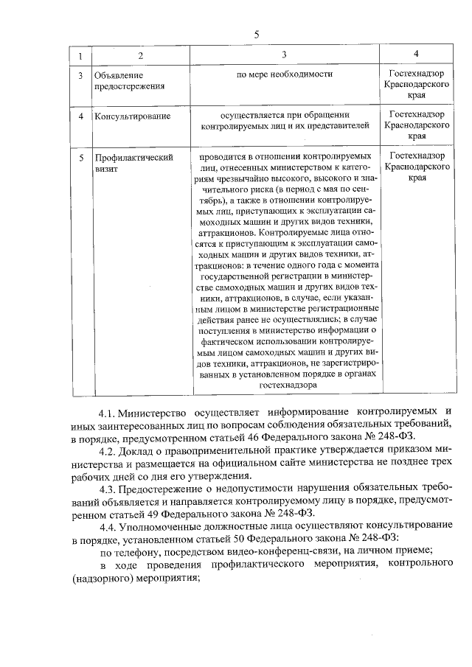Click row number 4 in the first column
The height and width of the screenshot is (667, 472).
80,116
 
